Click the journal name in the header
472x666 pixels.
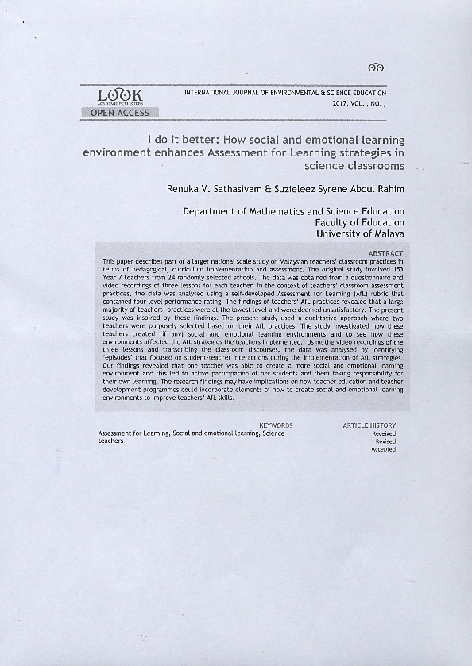(285, 93)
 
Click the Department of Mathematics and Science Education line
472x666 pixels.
(293, 212)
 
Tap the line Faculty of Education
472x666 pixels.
(360, 223)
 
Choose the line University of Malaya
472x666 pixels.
(360, 234)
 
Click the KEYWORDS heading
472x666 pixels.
(276, 425)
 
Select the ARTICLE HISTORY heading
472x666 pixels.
(369, 425)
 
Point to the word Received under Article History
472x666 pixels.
(384, 433)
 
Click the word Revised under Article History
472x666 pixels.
(385, 441)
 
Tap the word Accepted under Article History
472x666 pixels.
(384, 449)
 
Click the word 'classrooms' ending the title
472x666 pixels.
(354, 166)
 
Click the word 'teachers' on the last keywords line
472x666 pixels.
(110, 441)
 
